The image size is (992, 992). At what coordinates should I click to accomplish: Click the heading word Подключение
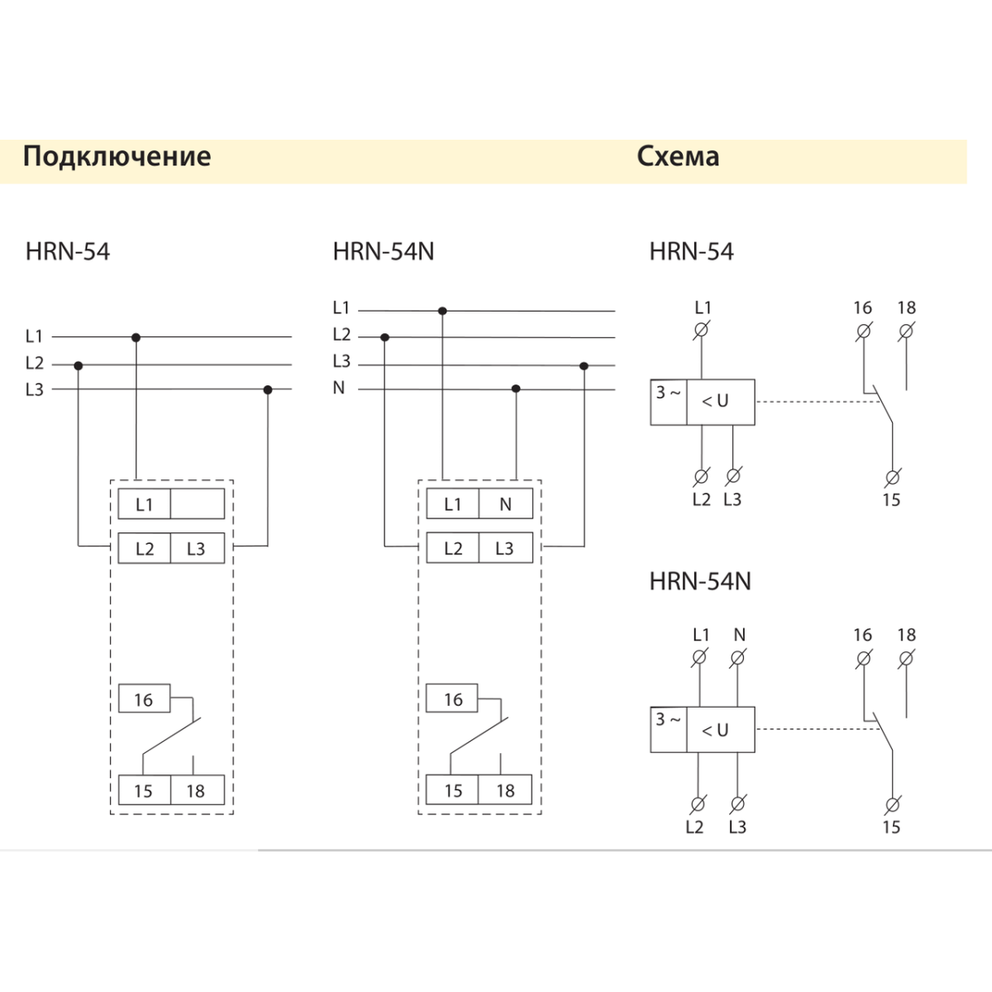tap(117, 156)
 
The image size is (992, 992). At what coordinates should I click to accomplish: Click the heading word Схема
tap(678, 156)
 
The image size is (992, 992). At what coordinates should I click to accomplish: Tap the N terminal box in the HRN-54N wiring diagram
tap(506, 504)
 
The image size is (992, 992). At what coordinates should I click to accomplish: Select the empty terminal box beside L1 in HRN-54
tap(197, 504)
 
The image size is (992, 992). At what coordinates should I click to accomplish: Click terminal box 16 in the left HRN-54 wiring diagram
tap(144, 699)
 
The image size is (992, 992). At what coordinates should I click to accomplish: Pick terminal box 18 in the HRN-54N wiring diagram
tap(506, 790)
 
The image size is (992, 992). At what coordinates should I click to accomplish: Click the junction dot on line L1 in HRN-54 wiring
tap(136, 337)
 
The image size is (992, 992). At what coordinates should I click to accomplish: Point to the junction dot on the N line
tap(516, 389)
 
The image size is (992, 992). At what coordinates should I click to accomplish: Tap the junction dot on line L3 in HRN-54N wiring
tap(584, 365)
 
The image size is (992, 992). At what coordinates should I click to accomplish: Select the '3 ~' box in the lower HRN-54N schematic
tap(668, 729)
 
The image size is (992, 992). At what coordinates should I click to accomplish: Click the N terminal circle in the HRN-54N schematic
tap(739, 657)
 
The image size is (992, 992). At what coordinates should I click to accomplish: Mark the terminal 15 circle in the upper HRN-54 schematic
tap(891, 477)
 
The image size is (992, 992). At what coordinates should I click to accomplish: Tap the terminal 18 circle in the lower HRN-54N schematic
tap(906, 658)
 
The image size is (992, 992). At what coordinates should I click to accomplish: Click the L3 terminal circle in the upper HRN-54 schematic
tap(732, 476)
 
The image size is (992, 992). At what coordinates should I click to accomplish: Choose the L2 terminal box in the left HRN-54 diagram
tap(145, 549)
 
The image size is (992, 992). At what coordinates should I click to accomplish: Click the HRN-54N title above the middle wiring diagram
tap(383, 251)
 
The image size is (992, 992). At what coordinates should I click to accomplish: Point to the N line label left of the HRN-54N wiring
tap(339, 388)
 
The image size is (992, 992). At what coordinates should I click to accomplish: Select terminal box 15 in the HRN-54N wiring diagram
tap(453, 790)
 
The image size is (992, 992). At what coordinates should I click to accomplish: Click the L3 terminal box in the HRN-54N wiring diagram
tap(505, 549)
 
